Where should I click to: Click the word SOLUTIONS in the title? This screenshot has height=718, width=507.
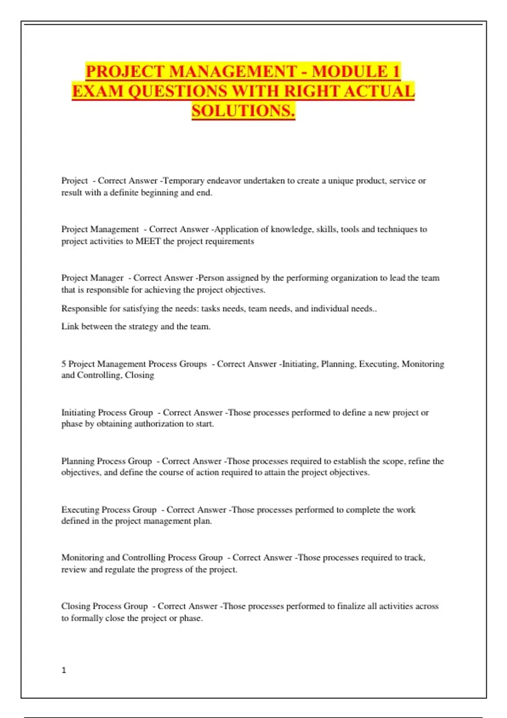point(243,111)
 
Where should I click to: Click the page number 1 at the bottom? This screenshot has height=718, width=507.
point(64,670)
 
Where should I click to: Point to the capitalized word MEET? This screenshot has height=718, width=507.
point(148,241)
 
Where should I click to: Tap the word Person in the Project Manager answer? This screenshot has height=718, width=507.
point(211,278)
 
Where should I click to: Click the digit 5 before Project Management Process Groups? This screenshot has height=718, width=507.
point(63,364)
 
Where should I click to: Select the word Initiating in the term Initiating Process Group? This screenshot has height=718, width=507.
point(78,413)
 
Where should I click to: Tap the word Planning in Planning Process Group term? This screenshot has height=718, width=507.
point(78,461)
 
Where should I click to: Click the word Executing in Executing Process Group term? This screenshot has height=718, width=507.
point(80,510)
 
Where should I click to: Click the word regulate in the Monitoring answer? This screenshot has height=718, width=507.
point(120,570)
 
